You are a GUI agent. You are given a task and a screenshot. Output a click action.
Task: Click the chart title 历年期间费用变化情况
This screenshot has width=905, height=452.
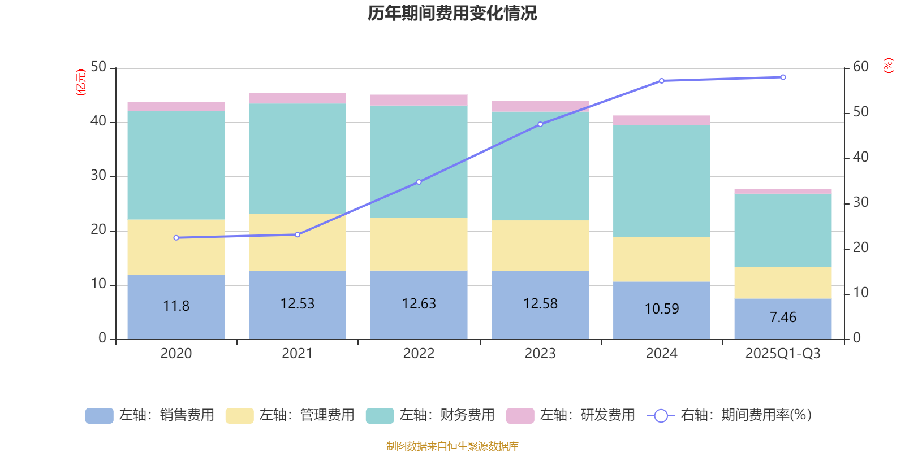pos(452,14)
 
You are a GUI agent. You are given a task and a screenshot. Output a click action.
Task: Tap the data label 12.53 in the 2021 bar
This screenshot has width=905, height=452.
pos(298,304)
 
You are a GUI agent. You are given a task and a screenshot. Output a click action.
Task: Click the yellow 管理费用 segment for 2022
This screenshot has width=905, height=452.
pos(419,244)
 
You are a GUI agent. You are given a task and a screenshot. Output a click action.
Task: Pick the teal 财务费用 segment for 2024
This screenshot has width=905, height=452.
pos(662,181)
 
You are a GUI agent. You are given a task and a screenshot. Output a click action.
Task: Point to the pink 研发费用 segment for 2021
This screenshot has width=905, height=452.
pos(298,98)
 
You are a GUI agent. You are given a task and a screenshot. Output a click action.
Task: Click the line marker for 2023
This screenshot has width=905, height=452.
pos(540,124)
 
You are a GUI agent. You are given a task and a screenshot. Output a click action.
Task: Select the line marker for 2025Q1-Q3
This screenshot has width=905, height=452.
pos(783,77)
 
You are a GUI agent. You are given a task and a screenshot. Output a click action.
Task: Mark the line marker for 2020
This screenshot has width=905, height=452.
pos(176,238)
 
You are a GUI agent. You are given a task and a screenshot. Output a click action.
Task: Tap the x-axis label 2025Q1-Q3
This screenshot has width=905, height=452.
pos(783,354)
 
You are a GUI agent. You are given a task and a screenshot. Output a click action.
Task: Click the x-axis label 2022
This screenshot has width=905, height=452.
pos(419,354)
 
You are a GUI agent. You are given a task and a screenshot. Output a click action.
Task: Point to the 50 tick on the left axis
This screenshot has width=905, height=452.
pos(98,67)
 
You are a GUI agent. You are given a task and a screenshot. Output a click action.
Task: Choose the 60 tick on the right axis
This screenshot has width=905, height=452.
pos(860,67)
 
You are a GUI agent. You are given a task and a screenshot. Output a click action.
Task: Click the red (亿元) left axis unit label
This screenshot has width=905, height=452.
pos(81,82)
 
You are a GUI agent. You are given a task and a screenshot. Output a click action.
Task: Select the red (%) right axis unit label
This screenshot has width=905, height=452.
pos(888,66)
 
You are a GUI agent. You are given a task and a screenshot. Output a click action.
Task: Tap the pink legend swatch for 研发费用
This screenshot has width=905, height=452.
pos(520,416)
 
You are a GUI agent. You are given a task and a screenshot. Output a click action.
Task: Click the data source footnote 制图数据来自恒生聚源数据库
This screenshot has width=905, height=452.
pos(452,446)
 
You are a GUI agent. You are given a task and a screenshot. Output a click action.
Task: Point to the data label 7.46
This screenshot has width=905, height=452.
pos(783,318)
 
